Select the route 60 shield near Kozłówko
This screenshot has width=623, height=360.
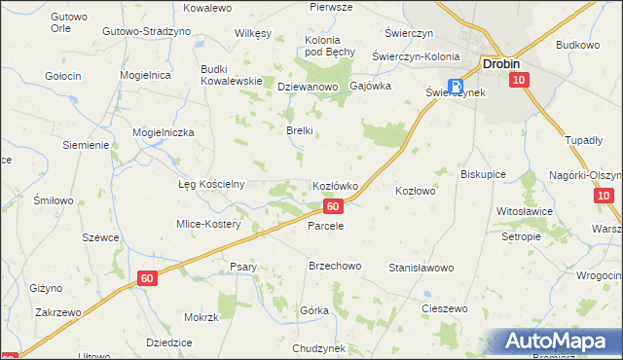coord(334,206)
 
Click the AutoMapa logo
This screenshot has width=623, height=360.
coord(554,342)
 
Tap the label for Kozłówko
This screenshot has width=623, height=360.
coord(336,185)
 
